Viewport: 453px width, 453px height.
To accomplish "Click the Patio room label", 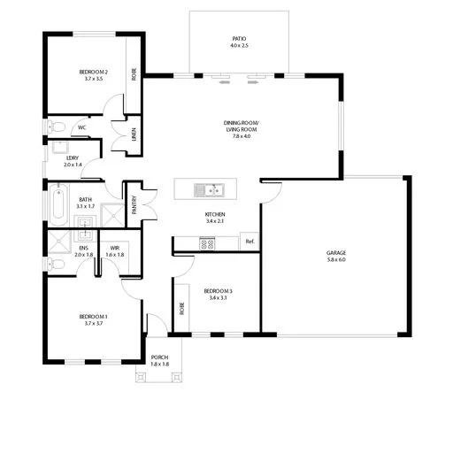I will (238, 41).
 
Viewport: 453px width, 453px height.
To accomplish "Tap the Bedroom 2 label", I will (94, 73).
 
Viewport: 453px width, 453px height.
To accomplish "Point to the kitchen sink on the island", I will (212, 188).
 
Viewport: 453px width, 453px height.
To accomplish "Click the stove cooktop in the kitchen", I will (208, 243).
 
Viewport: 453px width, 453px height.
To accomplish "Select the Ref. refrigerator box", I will (249, 242).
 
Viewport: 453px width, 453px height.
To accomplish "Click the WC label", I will (81, 127).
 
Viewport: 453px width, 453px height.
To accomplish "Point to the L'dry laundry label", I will (73, 158).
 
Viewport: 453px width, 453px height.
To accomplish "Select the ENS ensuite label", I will (82, 249).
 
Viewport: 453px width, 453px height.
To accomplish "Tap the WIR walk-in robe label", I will (114, 249).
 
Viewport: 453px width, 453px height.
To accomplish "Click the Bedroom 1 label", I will (94, 319).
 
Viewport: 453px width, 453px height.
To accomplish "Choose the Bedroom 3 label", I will (217, 290).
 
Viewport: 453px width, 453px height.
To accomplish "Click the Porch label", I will (159, 357).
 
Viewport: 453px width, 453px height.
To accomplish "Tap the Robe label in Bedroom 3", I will (181, 310).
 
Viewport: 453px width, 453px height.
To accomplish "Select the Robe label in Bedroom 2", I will (134, 73).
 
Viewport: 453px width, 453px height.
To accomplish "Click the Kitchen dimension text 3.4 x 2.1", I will (215, 222).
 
